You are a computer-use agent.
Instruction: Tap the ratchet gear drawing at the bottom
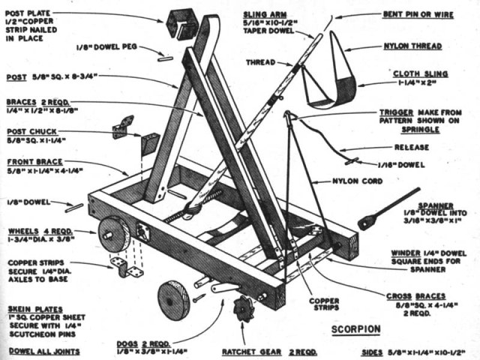tap(244, 307)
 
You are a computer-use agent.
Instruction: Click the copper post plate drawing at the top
tap(182, 24)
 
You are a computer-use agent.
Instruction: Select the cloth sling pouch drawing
tap(330, 79)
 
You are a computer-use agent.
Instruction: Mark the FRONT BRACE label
tap(37, 161)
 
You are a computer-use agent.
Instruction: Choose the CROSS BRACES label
tap(424, 296)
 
